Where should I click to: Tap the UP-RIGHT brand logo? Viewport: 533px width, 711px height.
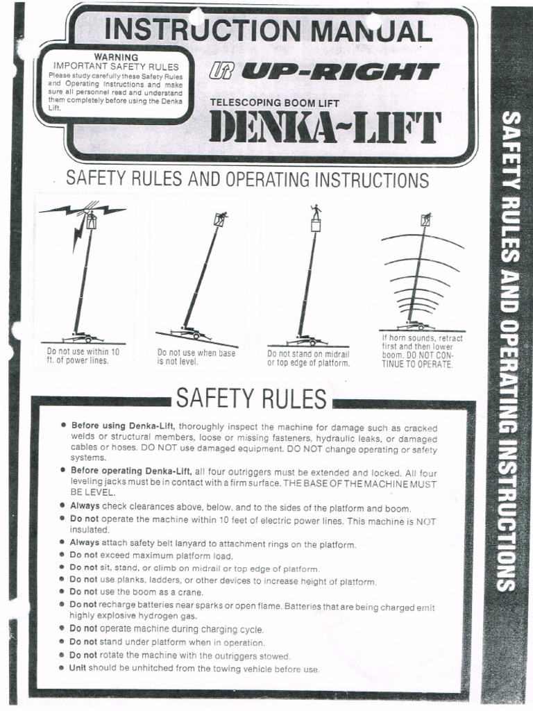(x=323, y=72)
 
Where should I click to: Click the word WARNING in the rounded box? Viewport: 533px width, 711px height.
(x=116, y=57)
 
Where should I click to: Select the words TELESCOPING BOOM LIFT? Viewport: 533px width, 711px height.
(x=275, y=103)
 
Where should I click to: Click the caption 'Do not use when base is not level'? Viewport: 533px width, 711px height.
(x=196, y=357)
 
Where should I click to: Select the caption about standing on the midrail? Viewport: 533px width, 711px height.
(x=309, y=358)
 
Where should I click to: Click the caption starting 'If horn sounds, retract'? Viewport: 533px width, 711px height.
(x=423, y=351)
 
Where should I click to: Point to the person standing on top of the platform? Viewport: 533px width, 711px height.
(x=316, y=210)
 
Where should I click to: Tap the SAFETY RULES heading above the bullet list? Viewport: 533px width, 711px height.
(x=251, y=399)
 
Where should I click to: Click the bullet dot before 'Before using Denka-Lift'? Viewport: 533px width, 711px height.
(x=64, y=424)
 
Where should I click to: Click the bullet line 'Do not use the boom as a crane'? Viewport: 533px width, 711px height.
(x=137, y=592)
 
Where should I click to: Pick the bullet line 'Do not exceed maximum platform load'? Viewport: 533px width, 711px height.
(x=151, y=555)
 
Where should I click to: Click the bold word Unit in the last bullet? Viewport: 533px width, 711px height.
(x=78, y=669)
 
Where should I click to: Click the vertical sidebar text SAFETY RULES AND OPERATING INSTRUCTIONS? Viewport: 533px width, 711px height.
(x=510, y=351)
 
